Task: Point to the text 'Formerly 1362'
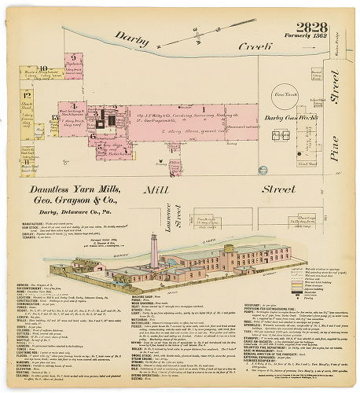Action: click(x=314, y=29)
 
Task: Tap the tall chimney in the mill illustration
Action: click(x=155, y=251)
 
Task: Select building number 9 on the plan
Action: click(x=73, y=57)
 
